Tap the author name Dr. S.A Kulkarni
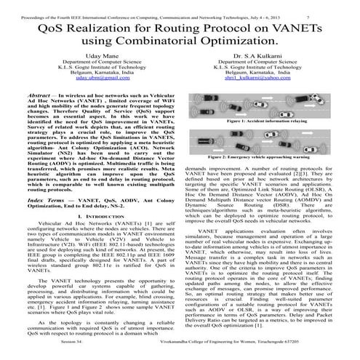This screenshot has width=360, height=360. click(268, 56)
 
